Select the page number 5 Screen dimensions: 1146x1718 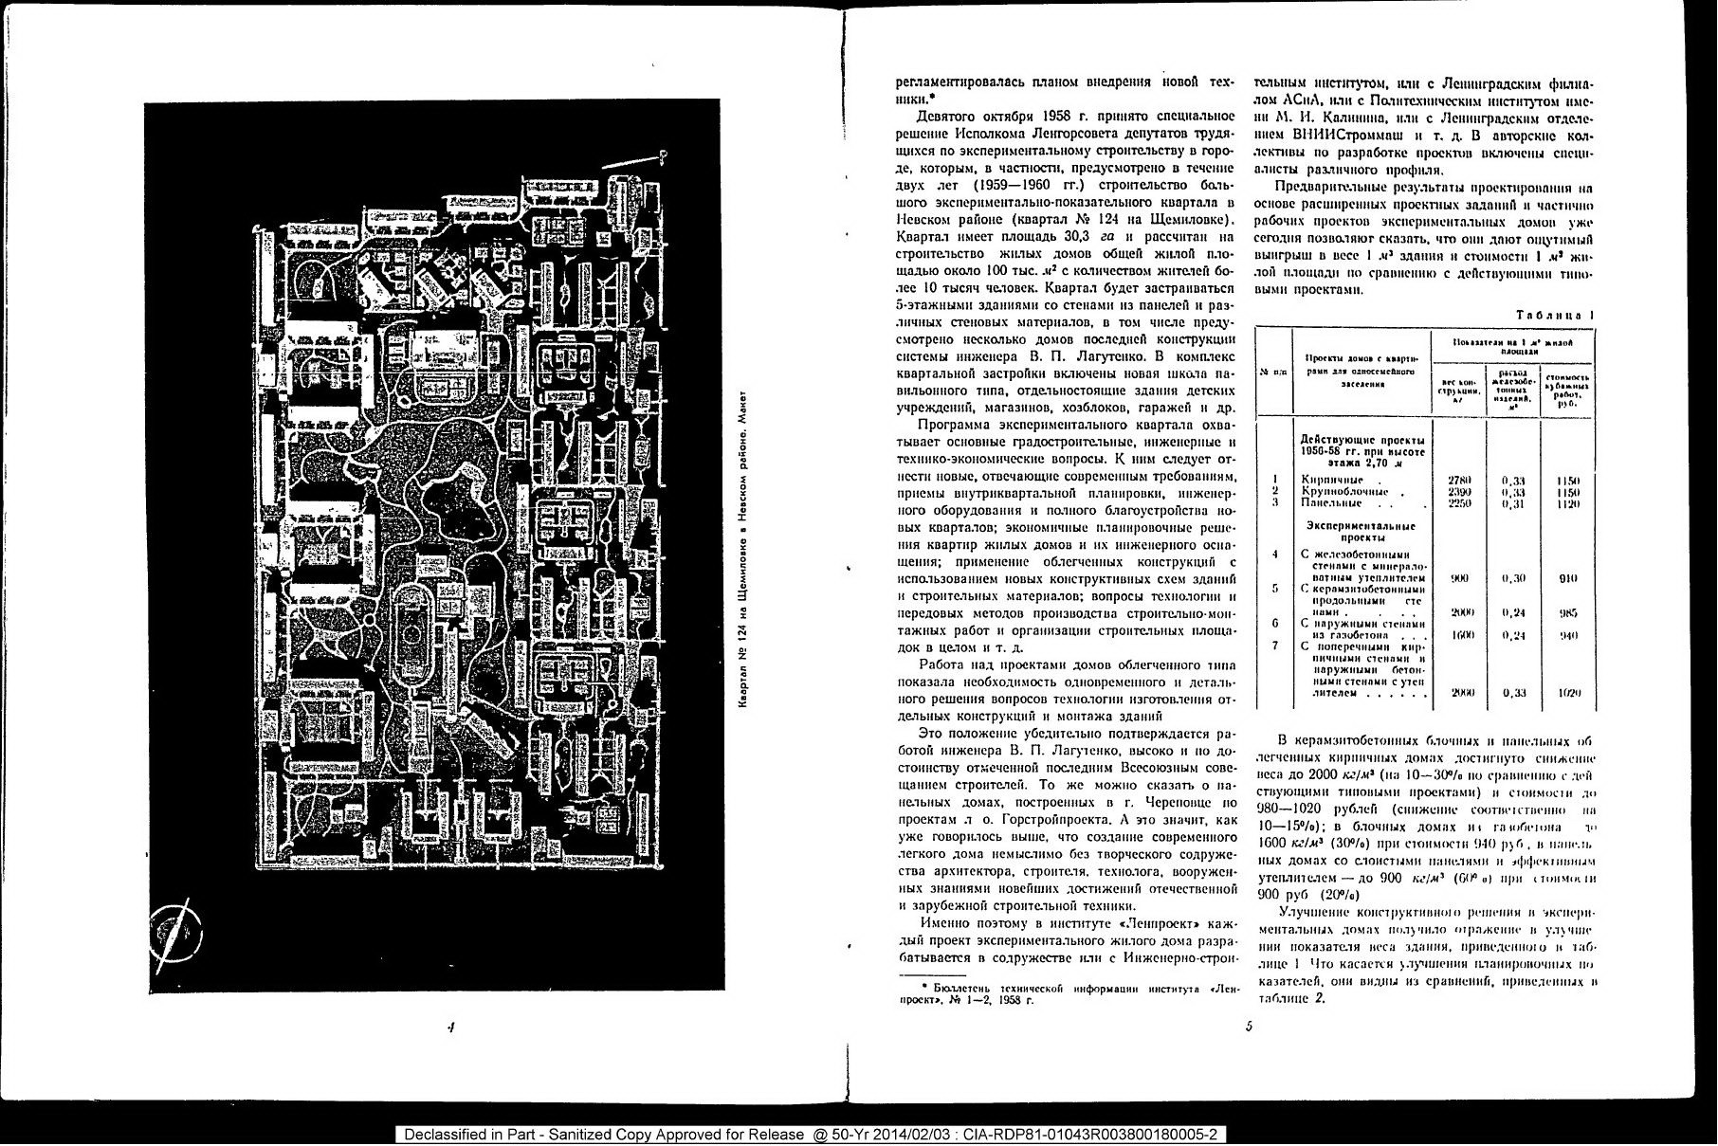pyautogui.click(x=1249, y=1026)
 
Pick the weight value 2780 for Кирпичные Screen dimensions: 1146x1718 pyautogui.click(x=1459, y=481)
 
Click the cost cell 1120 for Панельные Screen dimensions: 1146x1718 pyautogui.click(x=1568, y=504)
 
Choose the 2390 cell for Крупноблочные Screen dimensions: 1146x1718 pyautogui.click(x=1459, y=492)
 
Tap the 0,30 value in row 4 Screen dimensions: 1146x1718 pyautogui.click(x=1514, y=578)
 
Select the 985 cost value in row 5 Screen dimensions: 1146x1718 pyautogui.click(x=1568, y=613)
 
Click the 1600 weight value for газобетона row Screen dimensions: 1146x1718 pyautogui.click(x=1461, y=635)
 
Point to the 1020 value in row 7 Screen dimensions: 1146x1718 pyautogui.click(x=1569, y=693)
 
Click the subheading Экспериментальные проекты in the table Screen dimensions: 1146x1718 pyautogui.click(x=1361, y=531)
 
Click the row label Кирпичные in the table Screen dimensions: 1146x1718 pyautogui.click(x=1332, y=480)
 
